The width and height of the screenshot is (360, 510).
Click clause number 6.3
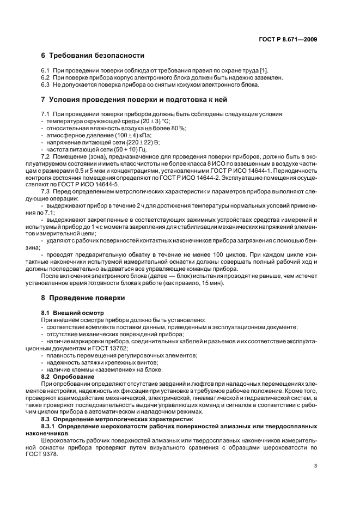46,85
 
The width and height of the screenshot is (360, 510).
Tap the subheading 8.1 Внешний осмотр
70,313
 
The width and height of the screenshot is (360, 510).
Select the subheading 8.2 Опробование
68,377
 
